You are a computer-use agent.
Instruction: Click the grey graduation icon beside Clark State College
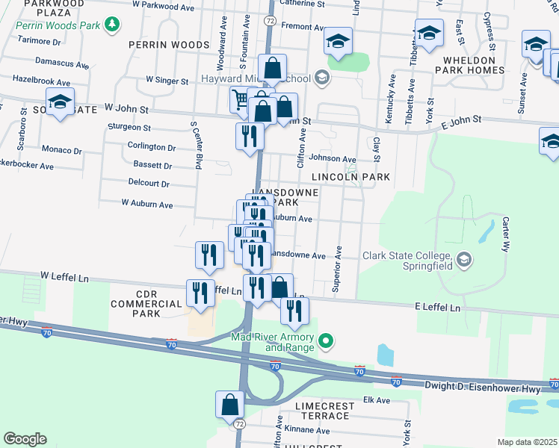tap(464, 259)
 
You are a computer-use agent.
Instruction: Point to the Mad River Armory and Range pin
tap(325, 343)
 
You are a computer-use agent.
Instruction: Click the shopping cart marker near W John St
tap(240, 99)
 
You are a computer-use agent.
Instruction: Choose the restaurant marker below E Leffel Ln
tap(295, 311)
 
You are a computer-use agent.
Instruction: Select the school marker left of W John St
tap(60, 101)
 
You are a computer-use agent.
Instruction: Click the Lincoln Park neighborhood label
tap(351, 177)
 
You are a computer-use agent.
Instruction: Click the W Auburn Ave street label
tap(147, 204)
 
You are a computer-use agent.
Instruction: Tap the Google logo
tap(25, 439)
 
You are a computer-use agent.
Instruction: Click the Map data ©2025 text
tap(527, 442)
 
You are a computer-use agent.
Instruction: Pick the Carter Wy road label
tap(506, 234)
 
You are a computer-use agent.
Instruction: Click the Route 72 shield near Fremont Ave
tap(270, 22)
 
